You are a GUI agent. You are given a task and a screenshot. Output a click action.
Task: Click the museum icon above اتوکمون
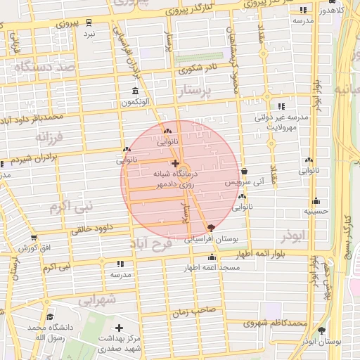pyautogui.click(x=135, y=91)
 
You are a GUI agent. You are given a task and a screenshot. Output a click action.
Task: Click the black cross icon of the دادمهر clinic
pyautogui.click(x=175, y=163)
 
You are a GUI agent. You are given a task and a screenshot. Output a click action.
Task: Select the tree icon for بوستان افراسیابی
pyautogui.click(x=211, y=228)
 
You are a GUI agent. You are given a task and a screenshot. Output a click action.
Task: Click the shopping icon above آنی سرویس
pyautogui.click(x=244, y=171)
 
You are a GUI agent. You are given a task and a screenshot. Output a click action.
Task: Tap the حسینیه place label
pyautogui.click(x=316, y=211)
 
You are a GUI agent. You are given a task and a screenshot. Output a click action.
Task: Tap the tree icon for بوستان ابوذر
pyautogui.click(x=322, y=330)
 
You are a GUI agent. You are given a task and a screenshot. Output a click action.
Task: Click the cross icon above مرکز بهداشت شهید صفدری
pyautogui.click(x=119, y=328)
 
